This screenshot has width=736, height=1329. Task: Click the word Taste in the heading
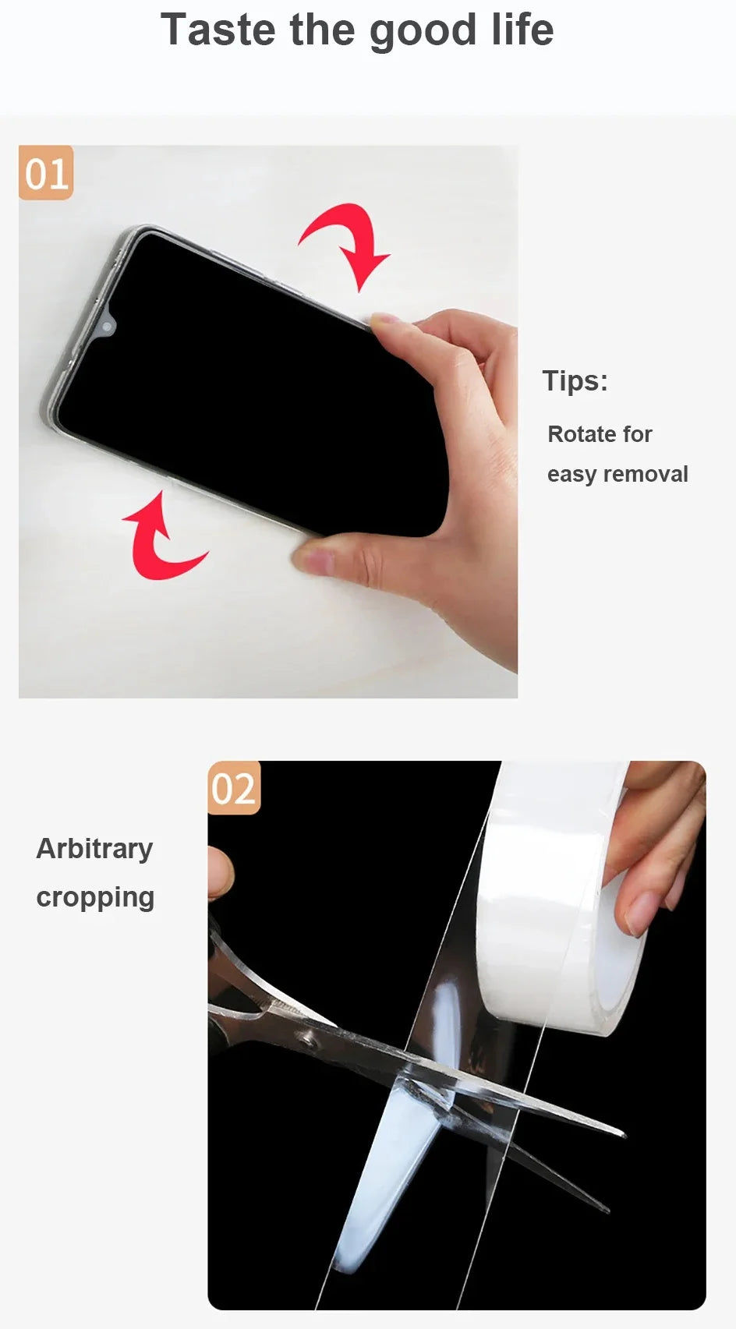(x=218, y=30)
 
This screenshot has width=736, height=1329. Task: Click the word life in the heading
(x=522, y=30)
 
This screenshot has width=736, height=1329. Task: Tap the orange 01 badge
(x=46, y=173)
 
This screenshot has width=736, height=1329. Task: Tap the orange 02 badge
(x=233, y=788)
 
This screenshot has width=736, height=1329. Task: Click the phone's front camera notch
(x=108, y=325)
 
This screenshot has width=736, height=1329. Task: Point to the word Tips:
(x=575, y=381)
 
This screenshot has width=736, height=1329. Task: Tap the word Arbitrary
(x=94, y=849)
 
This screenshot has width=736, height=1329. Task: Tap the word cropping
(x=95, y=897)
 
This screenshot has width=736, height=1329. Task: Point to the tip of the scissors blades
(x=621, y=1134)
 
